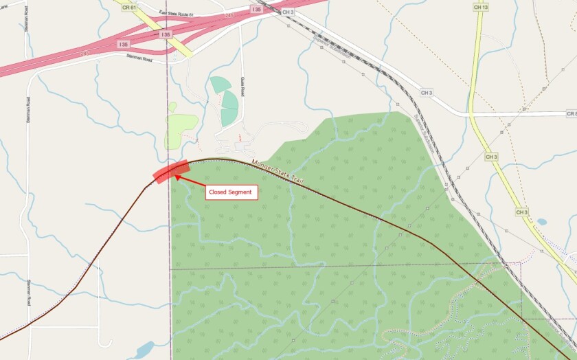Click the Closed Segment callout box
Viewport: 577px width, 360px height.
(232, 192)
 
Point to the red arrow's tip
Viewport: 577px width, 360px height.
(177, 176)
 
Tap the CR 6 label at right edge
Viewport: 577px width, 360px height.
(571, 113)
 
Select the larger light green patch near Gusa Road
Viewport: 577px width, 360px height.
(180, 126)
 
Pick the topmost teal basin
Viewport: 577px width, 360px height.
(220, 85)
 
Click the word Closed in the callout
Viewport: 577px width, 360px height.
(218, 192)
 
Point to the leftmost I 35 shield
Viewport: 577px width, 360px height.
(123, 44)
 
